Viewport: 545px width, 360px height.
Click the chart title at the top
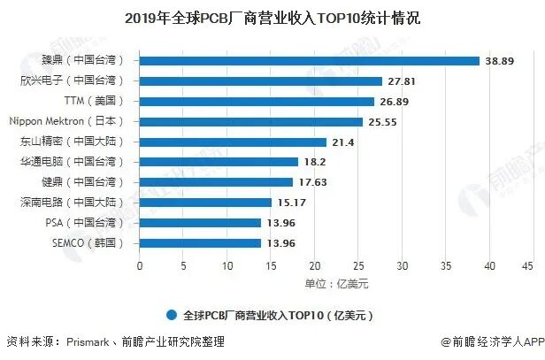pyautogui.click(x=272, y=18)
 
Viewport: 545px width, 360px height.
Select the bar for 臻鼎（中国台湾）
pyautogui.click(x=309, y=60)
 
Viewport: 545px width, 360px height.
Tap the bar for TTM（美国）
pyautogui.click(x=257, y=101)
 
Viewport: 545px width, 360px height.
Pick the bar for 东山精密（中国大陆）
pyautogui.click(x=233, y=142)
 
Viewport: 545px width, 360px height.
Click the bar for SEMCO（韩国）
pyautogui.click(x=200, y=243)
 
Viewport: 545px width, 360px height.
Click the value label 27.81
pyautogui.click(x=403, y=80)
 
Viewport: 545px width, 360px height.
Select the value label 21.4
pyautogui.click(x=342, y=142)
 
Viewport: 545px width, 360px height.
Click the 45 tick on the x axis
pyautogui.click(x=527, y=265)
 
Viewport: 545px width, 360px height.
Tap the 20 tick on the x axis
pyautogui.click(x=313, y=265)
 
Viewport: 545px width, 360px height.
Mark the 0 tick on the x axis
pyautogui.click(x=139, y=265)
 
